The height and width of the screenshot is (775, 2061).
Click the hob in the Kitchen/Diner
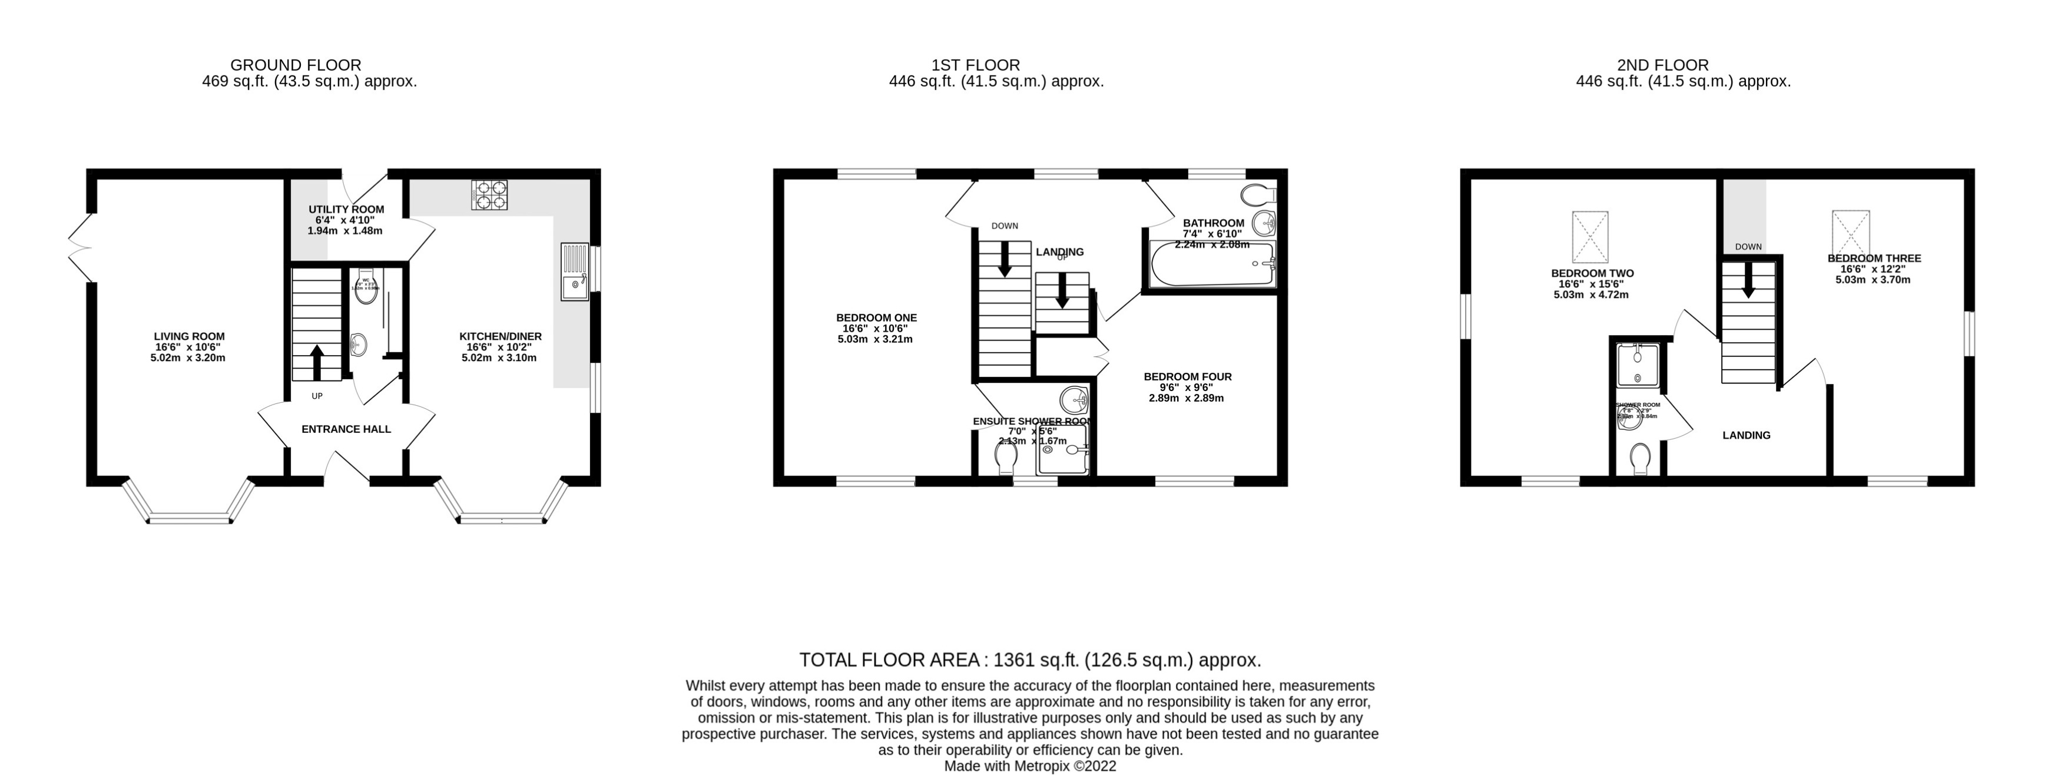click(490, 194)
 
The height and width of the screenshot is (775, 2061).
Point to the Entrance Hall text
click(346, 429)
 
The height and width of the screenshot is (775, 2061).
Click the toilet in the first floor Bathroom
click(1258, 194)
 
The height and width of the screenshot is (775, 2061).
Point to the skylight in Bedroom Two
click(1590, 237)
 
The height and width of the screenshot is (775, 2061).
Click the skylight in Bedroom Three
click(1851, 232)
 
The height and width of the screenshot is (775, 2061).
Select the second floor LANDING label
click(1746, 435)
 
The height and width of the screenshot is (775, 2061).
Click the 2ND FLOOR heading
click(1684, 65)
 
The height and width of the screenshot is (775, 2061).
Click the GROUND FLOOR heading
click(295, 65)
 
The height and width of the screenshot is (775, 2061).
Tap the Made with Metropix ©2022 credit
click(1030, 766)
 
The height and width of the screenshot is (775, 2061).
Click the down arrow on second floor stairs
click(1748, 282)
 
